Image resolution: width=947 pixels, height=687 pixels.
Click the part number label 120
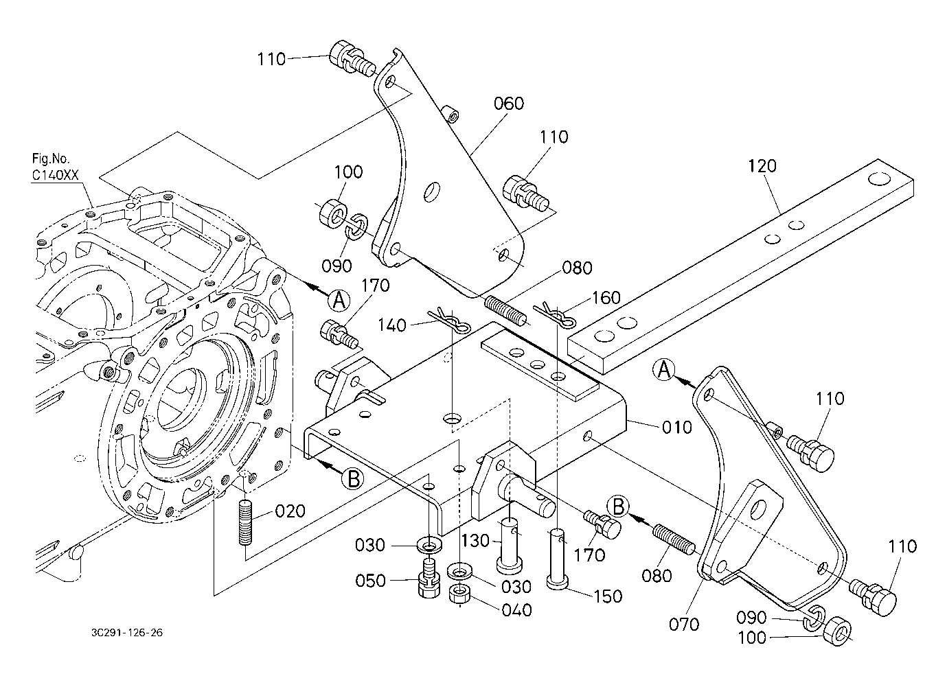pyautogui.click(x=762, y=166)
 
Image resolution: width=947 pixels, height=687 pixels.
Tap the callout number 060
pyautogui.click(x=509, y=104)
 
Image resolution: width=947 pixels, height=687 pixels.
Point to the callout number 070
pyautogui.click(x=684, y=624)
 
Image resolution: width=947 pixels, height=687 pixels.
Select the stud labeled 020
pyautogui.click(x=247, y=523)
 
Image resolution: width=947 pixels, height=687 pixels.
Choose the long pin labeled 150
pyautogui.click(x=557, y=556)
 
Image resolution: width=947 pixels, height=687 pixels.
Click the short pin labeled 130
pyautogui.click(x=510, y=546)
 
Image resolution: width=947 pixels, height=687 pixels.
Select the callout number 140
pyautogui.click(x=393, y=325)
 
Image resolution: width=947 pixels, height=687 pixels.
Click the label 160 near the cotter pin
pyautogui.click(x=605, y=298)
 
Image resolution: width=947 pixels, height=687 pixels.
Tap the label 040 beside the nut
pyautogui.click(x=516, y=609)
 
